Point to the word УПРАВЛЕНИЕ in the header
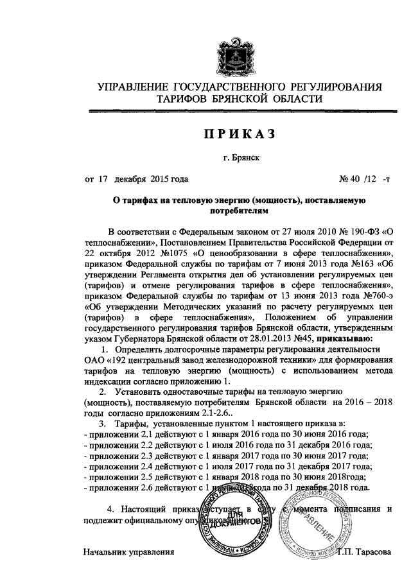coord(132,86)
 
